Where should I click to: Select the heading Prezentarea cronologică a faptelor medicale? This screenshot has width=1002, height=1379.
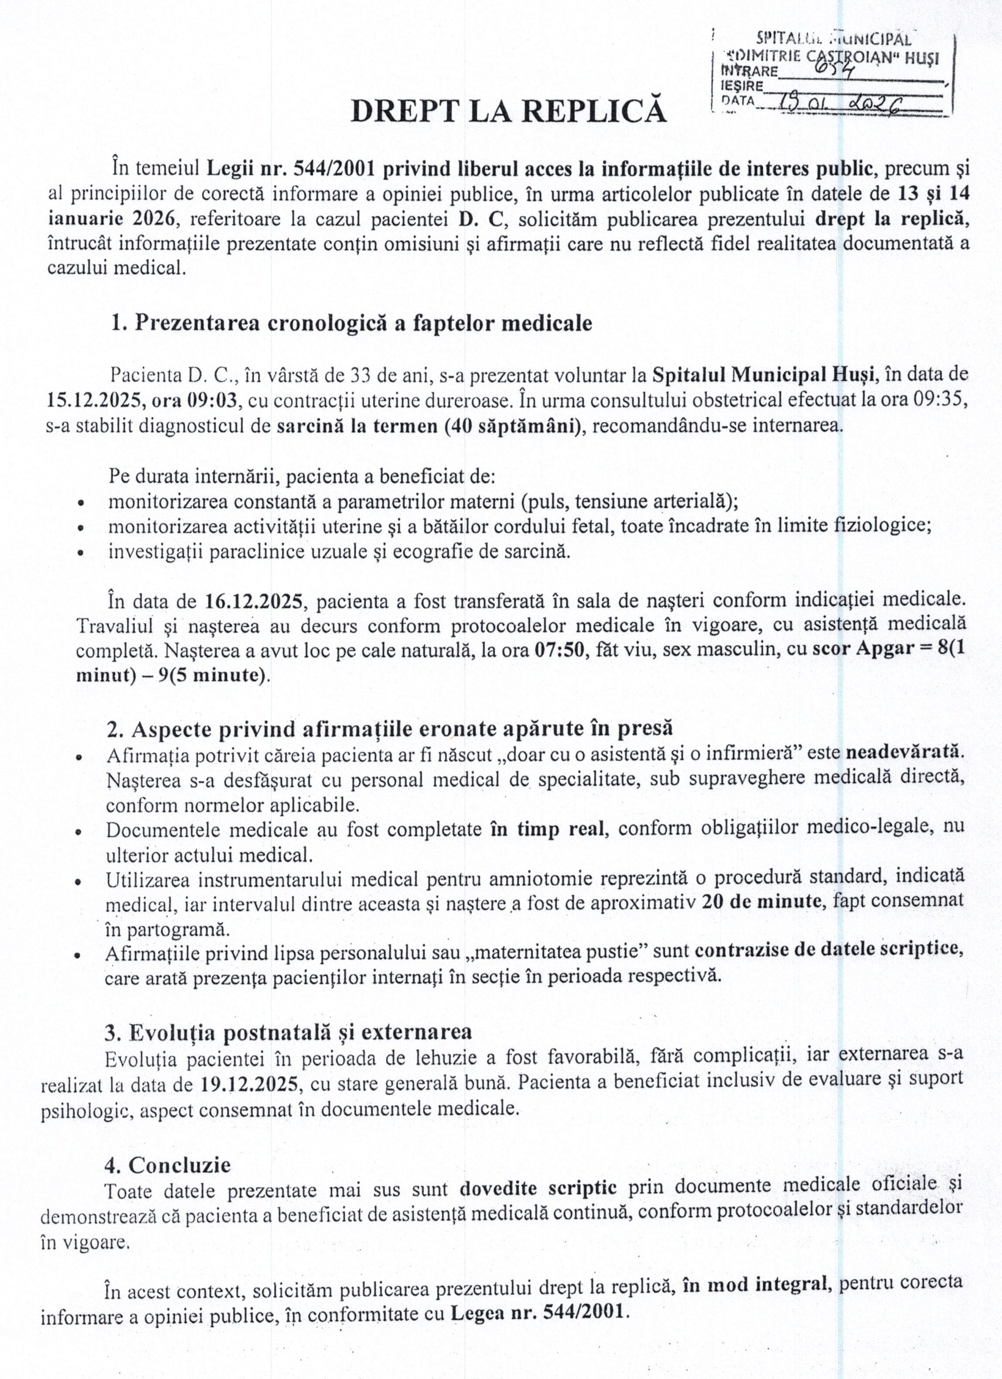[x=351, y=323]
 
